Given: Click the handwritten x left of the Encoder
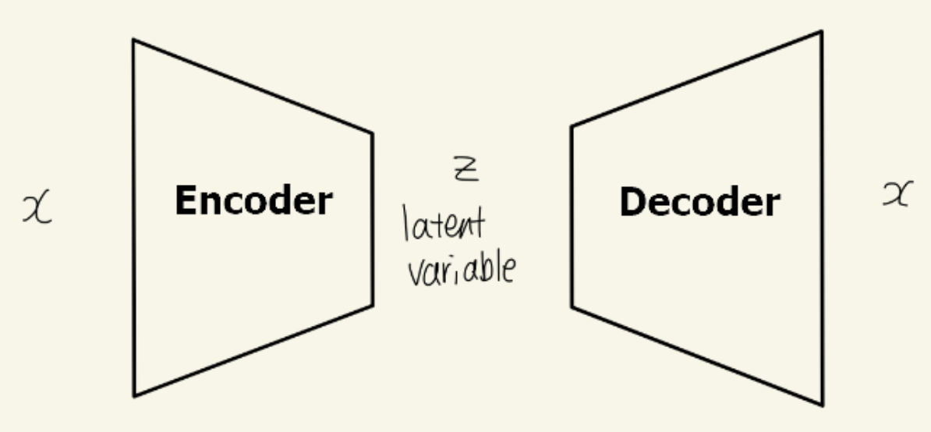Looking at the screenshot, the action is pos(37,208).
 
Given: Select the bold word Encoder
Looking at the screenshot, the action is pos(253,201).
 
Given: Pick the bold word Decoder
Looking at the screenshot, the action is pos(699,203).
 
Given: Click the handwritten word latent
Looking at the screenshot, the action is pos(444,225).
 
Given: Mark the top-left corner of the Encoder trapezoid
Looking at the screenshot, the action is pos(133,41).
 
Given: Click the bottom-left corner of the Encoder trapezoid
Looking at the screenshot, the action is pos(134,395).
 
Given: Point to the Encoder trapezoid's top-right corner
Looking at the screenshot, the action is pos(372,133).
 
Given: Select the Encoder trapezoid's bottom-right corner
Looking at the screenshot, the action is pos(372,304).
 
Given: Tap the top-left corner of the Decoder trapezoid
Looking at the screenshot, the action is pos(572,126).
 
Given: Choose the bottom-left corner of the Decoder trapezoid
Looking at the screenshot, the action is pos(572,306).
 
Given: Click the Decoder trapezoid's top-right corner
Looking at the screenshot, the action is pos(821,32).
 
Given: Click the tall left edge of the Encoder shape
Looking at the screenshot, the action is pos(133,218).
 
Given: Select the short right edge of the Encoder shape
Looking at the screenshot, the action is pos(372,218).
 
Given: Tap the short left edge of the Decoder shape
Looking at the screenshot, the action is pos(572,217).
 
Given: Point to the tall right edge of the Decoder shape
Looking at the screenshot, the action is pos(822,218).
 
